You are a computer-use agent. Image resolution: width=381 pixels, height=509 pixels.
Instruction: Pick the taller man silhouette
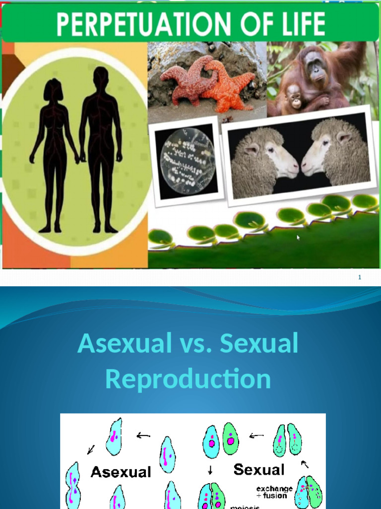[101, 149]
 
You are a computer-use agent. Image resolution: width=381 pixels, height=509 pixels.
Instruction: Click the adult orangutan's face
[315, 66]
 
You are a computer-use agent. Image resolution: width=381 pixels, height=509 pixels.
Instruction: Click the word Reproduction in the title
[188, 379]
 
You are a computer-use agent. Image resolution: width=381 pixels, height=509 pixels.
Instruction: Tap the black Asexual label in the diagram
[121, 472]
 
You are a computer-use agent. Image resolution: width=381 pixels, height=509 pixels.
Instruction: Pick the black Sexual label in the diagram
[259, 469]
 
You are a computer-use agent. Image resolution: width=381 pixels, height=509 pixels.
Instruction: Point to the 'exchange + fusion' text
[274, 492]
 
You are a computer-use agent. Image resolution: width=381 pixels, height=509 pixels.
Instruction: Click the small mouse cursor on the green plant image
[298, 238]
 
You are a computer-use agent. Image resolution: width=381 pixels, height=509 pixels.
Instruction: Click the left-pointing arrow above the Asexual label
[143, 435]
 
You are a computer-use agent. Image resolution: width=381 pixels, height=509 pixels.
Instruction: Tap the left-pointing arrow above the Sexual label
[256, 436]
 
